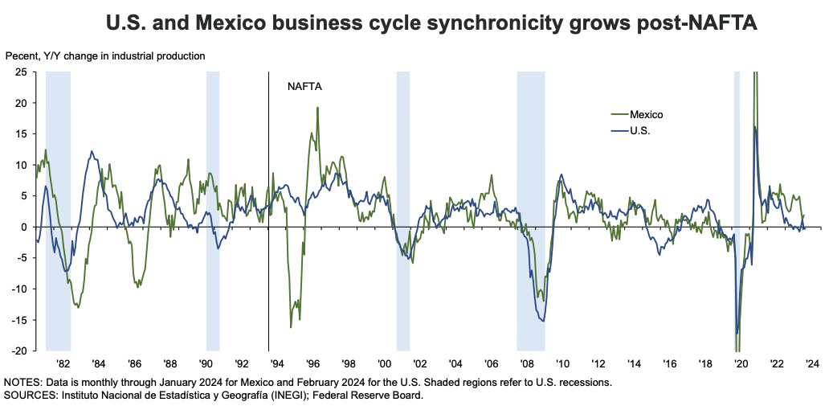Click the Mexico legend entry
(x=646, y=114)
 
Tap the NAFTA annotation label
(x=304, y=86)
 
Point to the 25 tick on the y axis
(x=21, y=72)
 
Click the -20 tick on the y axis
(x=19, y=351)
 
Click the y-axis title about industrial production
(x=104, y=56)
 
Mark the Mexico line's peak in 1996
(x=317, y=108)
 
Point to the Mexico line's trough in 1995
(x=291, y=326)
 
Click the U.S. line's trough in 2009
(x=544, y=321)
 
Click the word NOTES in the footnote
(x=22, y=382)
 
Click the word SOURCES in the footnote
(x=29, y=395)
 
